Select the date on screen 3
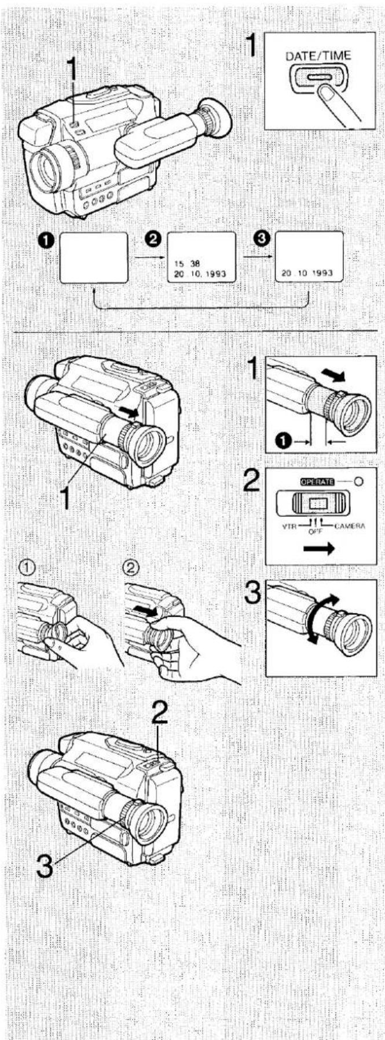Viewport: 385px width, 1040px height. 308,273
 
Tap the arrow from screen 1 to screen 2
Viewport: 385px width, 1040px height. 147,257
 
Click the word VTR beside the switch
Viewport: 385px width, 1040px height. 289,527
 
